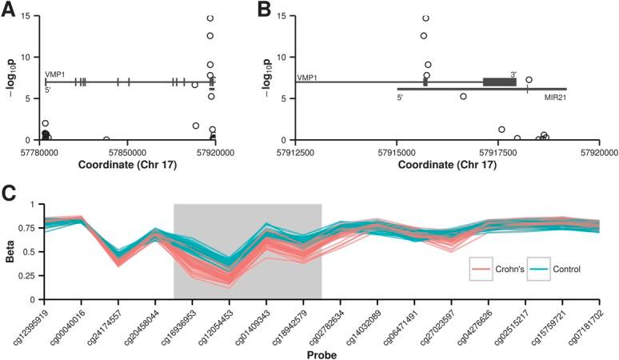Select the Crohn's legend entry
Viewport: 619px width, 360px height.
507,268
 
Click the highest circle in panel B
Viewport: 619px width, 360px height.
425,18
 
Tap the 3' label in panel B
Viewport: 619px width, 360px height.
513,74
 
